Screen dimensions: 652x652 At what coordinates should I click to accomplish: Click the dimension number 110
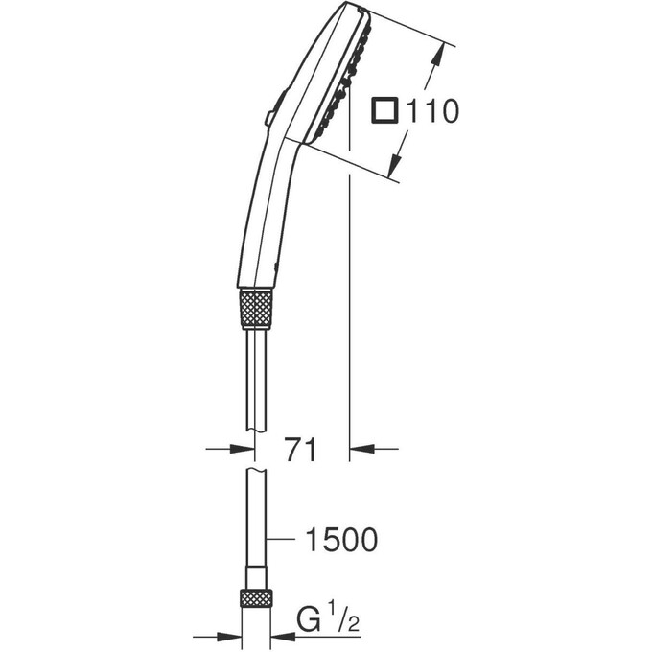coord(431,112)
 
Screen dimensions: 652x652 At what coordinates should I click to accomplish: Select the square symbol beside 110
coord(384,112)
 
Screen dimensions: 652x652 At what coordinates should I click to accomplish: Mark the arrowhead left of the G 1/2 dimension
coord(229,635)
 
